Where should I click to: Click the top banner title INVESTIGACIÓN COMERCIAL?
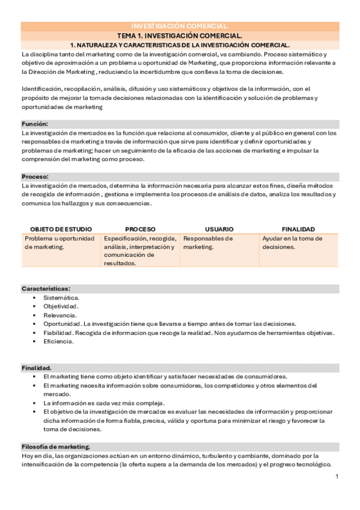pos(180,26)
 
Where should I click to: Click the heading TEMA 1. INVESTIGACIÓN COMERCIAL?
pos(180,35)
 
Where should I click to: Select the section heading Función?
pos(35,123)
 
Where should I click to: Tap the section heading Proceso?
pos(35,177)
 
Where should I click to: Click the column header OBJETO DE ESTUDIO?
pos(60,229)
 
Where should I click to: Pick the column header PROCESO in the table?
pos(140,229)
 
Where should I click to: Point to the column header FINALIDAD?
pos(298,229)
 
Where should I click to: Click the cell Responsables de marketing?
pos(207,242)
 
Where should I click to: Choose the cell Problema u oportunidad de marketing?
pos(59,242)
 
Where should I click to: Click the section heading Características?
pos(46,289)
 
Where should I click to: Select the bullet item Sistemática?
pos(61,298)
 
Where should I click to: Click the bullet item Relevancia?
pos(59,315)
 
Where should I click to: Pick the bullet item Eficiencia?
pos(58,342)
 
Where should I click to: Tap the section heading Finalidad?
pos(37,367)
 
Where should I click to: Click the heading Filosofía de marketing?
pos(56,447)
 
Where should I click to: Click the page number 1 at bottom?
pos(337,477)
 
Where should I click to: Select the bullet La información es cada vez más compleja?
pos(103,403)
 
